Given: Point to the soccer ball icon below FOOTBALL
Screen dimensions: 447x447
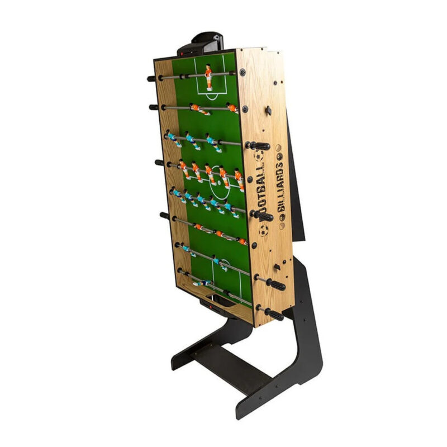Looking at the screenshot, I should (263, 230).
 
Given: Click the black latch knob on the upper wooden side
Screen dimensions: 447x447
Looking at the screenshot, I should (268, 110).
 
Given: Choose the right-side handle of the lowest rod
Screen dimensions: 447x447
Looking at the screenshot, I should (274, 313).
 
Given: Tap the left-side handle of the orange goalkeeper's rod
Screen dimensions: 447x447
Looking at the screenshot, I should (151, 79).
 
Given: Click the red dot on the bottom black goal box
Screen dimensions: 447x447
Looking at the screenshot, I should (211, 306).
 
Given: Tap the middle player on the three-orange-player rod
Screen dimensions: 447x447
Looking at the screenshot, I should (219, 234).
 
